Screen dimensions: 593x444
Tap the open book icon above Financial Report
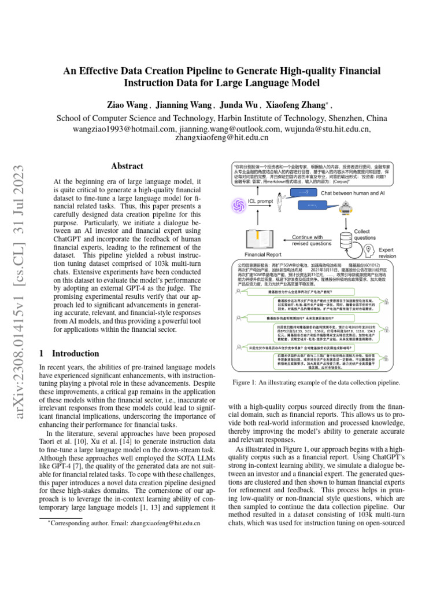pyautogui.click(x=262, y=238)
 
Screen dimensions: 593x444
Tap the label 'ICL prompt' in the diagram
pyautogui.click(x=260, y=201)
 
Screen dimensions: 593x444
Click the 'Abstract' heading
pyautogui.click(x=127, y=166)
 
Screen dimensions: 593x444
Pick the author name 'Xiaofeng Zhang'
pyautogui.click(x=295, y=105)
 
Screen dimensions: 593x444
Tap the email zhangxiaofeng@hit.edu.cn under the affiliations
pyautogui.click(x=221, y=138)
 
